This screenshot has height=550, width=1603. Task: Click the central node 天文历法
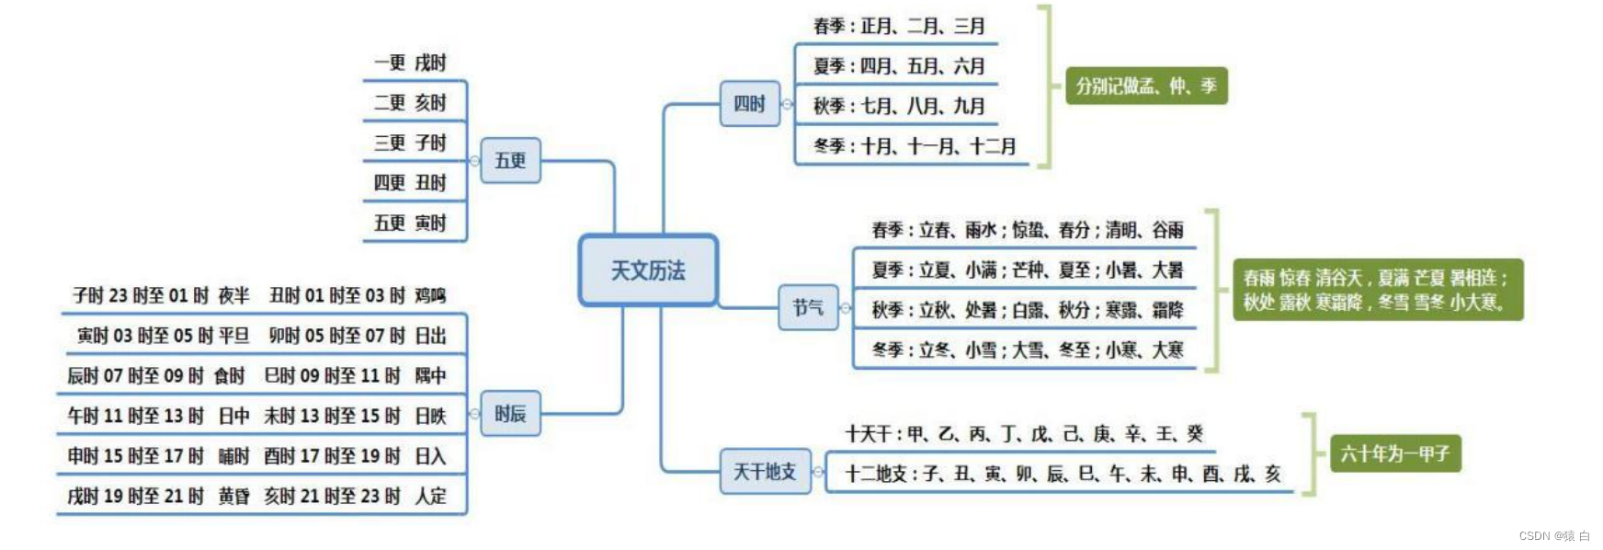(648, 270)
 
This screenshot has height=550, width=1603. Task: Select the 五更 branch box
(510, 161)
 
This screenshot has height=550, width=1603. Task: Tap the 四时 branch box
(749, 104)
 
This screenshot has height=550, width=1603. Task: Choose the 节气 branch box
(808, 307)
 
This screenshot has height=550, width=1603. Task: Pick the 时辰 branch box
(510, 414)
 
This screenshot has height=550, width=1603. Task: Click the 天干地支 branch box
(765, 472)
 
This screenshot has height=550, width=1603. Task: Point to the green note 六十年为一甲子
(1394, 453)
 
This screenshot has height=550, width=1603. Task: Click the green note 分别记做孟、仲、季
(1146, 86)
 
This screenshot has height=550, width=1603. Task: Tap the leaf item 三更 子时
(410, 143)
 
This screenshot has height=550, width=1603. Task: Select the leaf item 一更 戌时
(410, 63)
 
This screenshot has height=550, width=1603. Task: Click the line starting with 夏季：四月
(899, 66)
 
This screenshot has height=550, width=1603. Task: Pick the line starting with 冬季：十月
(915, 146)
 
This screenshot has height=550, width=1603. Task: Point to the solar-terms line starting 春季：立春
(1027, 230)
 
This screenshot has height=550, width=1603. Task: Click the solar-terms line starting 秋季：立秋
(1027, 310)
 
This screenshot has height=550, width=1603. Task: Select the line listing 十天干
(1024, 434)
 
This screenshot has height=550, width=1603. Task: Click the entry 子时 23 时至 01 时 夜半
(161, 296)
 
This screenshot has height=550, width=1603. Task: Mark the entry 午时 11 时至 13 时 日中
(158, 417)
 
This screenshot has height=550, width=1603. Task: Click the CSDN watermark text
(1554, 536)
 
